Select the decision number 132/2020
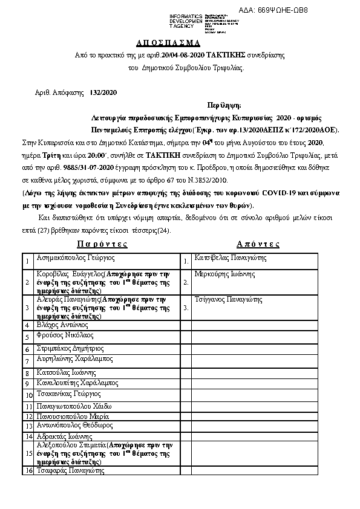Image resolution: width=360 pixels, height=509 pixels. (x=103, y=92)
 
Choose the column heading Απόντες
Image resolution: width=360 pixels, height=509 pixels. (x=258, y=244)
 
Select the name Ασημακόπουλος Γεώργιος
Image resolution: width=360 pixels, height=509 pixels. (x=75, y=258)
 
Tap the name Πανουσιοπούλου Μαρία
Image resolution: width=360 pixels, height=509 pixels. (x=73, y=417)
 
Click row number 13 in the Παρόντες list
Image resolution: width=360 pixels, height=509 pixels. (x=28, y=426)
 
